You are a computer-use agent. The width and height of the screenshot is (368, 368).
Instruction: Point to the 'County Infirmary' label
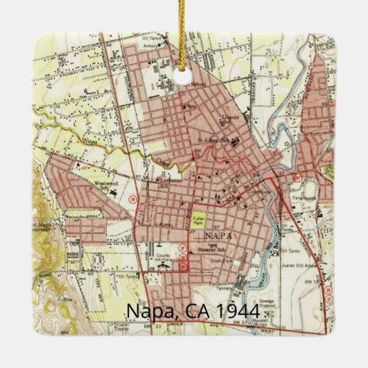tap(164, 258)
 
